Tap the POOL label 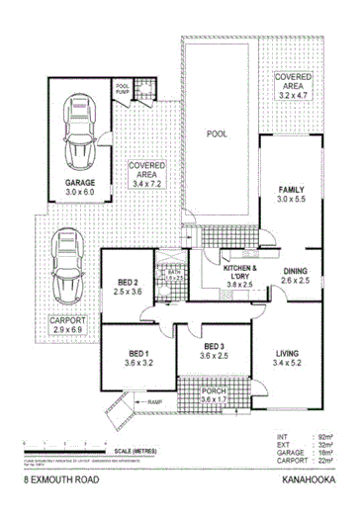[218, 132]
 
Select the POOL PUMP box [124, 91]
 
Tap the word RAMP [154, 403]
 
